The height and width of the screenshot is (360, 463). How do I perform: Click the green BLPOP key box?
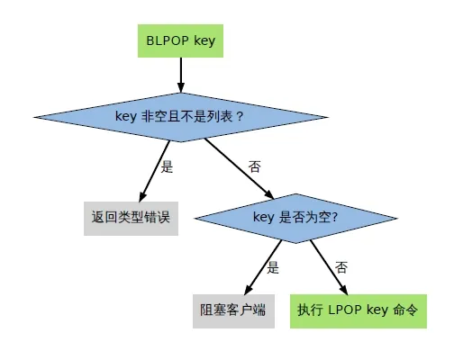[180, 40]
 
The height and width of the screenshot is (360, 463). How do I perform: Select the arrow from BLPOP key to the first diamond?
[180, 76]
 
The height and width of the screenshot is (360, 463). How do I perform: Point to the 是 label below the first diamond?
[166, 166]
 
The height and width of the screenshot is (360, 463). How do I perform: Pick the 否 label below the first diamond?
[255, 166]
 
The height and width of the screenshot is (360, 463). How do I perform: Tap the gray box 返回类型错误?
[131, 217]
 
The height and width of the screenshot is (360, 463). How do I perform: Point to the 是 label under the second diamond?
[274, 267]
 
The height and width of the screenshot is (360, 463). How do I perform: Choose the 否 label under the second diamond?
[341, 267]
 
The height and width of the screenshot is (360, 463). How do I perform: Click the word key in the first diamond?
[125, 116]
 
